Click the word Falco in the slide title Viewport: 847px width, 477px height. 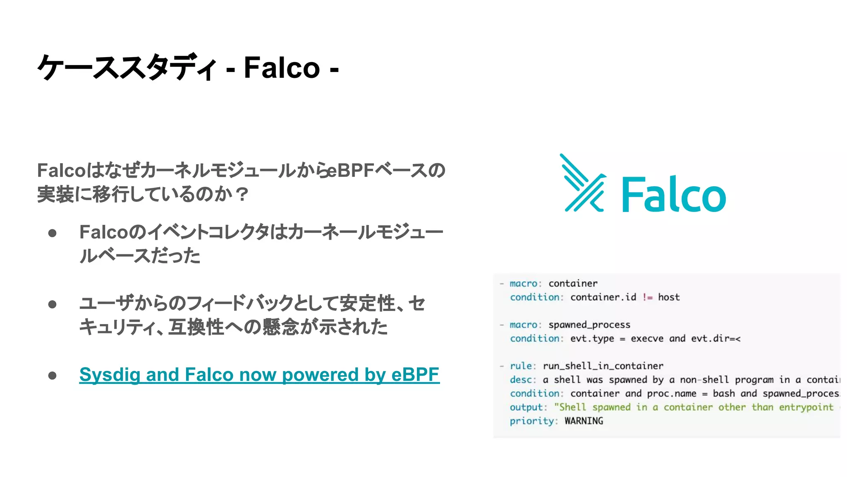coord(282,67)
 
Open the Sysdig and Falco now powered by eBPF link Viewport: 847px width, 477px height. coord(259,375)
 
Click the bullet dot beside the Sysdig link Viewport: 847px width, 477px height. coord(52,376)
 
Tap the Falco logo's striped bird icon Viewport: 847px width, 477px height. coord(583,183)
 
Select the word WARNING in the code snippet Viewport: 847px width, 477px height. coord(584,421)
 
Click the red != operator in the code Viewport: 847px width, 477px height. coord(647,297)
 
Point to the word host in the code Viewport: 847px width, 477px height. coord(669,297)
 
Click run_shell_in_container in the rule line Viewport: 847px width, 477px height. coord(603,366)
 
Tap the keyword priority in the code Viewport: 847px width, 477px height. coord(531,421)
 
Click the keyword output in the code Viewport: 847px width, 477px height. coord(526,407)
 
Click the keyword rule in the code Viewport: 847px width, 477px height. coord(520,366)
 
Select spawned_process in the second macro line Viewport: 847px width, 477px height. coord(589,325)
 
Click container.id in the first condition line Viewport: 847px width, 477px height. coord(603,297)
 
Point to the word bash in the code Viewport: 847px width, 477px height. coord(724,394)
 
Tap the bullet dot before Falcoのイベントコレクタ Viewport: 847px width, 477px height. coord(52,233)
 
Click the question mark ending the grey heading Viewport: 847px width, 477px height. coord(241,194)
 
